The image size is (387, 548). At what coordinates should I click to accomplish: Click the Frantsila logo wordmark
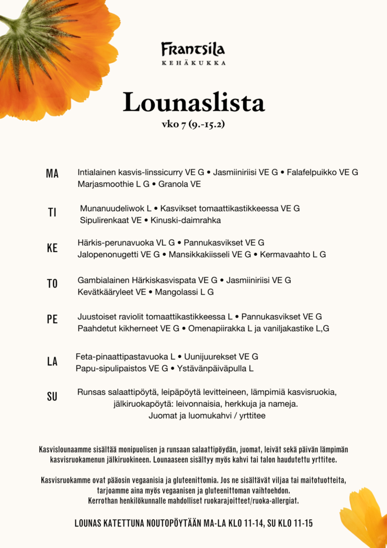click(193, 50)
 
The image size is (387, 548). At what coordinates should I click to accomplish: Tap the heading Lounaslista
click(193, 102)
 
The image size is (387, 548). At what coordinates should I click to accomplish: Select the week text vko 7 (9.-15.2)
click(193, 125)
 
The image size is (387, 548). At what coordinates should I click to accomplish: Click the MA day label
click(52, 173)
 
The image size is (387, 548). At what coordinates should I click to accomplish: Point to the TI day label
click(52, 212)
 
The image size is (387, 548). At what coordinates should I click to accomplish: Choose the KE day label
click(52, 248)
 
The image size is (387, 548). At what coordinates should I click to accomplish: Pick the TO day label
click(52, 284)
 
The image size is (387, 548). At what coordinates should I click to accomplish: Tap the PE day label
click(52, 319)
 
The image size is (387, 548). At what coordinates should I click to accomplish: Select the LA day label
click(52, 362)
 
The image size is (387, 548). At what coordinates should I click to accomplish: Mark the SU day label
click(52, 397)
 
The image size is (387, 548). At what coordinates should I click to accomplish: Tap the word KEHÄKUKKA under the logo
click(193, 63)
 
